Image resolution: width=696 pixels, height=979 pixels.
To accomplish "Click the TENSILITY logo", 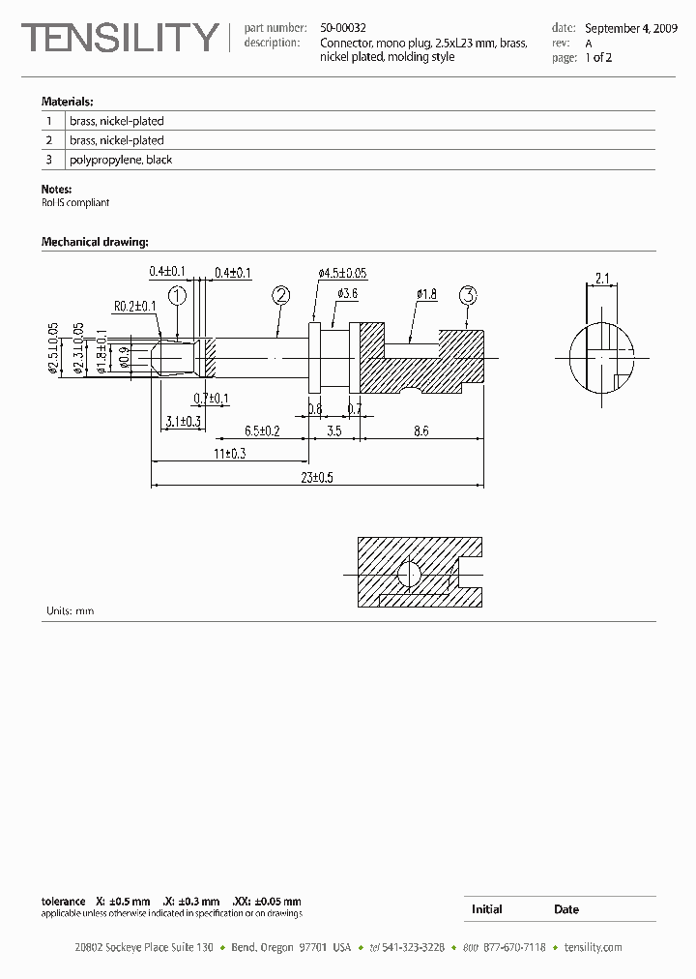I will pyautogui.click(x=120, y=38).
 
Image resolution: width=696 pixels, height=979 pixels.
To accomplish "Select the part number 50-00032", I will pyautogui.click(x=343, y=29).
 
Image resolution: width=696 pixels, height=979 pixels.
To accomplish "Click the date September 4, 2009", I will pyautogui.click(x=631, y=29).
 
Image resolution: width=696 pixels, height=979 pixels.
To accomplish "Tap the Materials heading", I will pyautogui.click(x=67, y=102).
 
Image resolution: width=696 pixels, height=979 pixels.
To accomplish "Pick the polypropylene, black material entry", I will pyautogui.click(x=121, y=160).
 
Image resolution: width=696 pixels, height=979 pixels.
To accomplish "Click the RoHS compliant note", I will pyautogui.click(x=75, y=203).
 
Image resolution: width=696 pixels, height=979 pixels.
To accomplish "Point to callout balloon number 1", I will pyautogui.click(x=177, y=295).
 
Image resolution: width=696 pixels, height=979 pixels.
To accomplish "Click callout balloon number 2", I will pyautogui.click(x=281, y=295).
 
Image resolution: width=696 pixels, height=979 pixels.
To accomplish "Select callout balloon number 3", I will pyautogui.click(x=468, y=295).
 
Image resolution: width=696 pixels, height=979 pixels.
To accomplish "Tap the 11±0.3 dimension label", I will pyautogui.click(x=228, y=453).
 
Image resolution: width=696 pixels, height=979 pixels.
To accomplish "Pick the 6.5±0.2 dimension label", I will pyautogui.click(x=262, y=430).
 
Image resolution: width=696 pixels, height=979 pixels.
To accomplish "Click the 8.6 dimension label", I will pyautogui.click(x=420, y=430).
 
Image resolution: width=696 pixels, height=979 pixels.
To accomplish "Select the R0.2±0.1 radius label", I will pyautogui.click(x=134, y=307).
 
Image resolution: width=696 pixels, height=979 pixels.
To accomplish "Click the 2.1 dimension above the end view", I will pyautogui.click(x=601, y=279).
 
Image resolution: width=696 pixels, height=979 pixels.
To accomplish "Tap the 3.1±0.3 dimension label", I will pyautogui.click(x=183, y=421).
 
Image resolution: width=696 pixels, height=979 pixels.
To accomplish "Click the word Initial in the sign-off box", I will pyautogui.click(x=486, y=909).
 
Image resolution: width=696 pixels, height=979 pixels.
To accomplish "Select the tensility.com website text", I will pyautogui.click(x=593, y=947).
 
